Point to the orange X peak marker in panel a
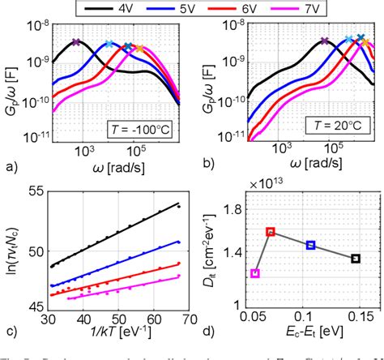(139, 49)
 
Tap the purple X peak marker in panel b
(324, 41)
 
